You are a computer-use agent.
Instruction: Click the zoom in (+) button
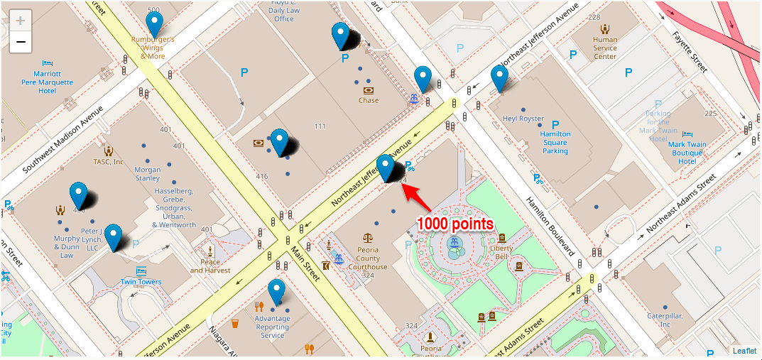pyautogui.click(x=21, y=20)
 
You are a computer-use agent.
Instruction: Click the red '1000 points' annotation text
pyautogui.click(x=455, y=224)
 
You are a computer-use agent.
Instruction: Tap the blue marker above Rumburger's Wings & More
pyautogui.click(x=153, y=26)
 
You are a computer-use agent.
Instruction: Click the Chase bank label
pyautogui.click(x=369, y=100)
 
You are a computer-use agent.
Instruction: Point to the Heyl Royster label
pyautogui.click(x=523, y=119)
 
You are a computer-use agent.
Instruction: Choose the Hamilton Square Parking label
pyautogui.click(x=555, y=142)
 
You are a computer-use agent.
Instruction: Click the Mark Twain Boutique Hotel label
pyautogui.click(x=687, y=153)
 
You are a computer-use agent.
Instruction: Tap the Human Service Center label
pyautogui.click(x=605, y=48)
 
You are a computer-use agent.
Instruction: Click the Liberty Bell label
pyautogui.click(x=501, y=253)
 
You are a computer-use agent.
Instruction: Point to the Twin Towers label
pyautogui.click(x=141, y=282)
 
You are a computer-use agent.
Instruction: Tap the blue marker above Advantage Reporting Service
pyautogui.click(x=276, y=293)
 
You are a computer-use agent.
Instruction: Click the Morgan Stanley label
pyautogui.click(x=148, y=174)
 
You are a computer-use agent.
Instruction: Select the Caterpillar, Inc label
pyautogui.click(x=664, y=320)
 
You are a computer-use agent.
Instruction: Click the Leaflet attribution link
pyautogui.click(x=745, y=350)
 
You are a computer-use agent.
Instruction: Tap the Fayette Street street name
pyautogui.click(x=691, y=47)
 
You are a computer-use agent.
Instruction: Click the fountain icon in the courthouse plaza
pyautogui.click(x=453, y=245)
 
